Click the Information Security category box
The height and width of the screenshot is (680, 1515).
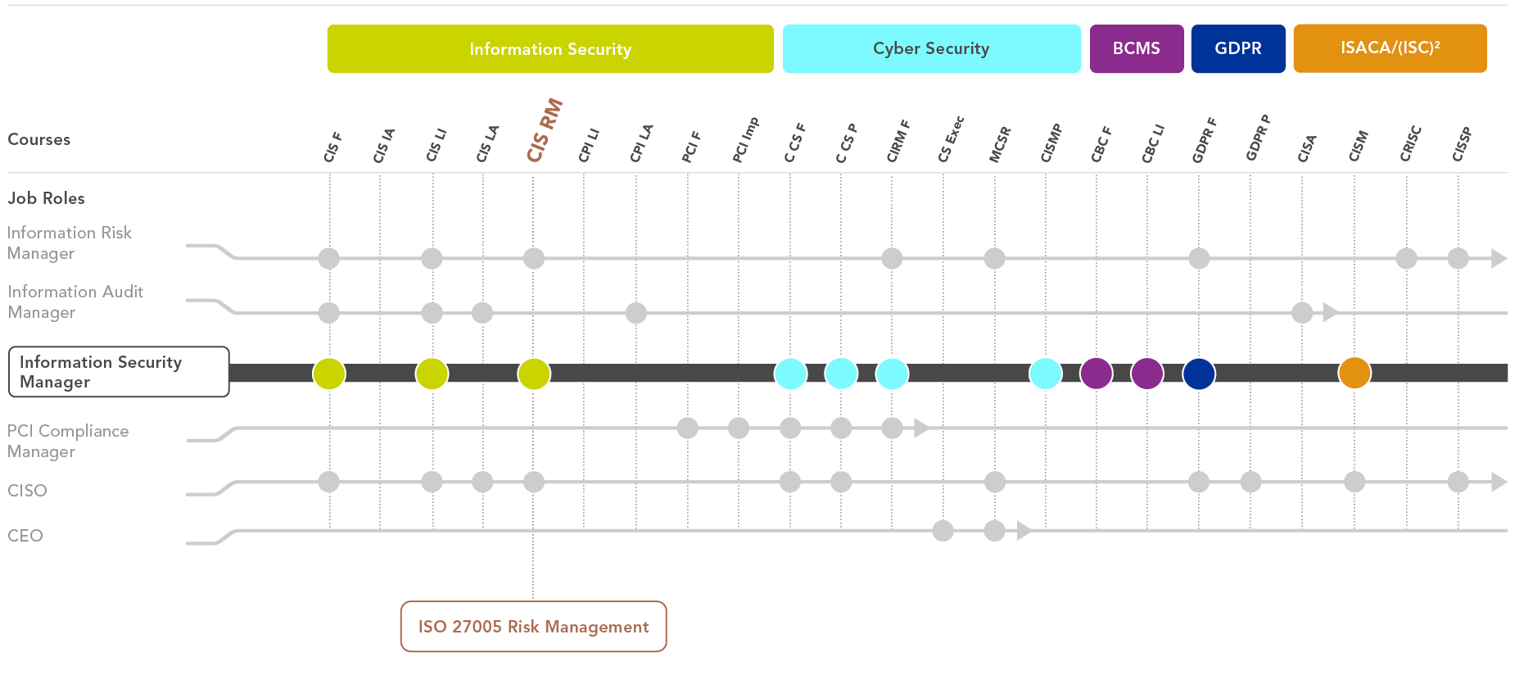coord(550,49)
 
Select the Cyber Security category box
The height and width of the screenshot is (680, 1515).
coord(931,49)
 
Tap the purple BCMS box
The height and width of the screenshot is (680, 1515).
coord(1137,49)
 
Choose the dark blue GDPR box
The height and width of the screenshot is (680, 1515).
coord(1238,49)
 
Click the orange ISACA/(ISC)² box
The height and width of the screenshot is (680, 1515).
coord(1390,49)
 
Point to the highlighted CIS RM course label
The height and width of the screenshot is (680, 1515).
coord(544,130)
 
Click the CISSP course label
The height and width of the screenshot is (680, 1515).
coord(1462,144)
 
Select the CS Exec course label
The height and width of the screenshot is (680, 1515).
coord(951,139)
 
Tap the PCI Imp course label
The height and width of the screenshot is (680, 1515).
coord(745,139)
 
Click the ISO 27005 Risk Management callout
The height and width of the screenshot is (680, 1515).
coord(533,627)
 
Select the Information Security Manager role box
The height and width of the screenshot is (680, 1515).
coord(119,372)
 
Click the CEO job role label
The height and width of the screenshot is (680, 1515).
coord(25,536)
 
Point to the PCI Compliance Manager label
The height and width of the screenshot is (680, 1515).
coord(68,441)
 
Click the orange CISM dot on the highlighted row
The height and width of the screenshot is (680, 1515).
coord(1354,373)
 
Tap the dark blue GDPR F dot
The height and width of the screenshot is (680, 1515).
coord(1199,373)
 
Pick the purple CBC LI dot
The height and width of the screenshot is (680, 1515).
coord(1147,373)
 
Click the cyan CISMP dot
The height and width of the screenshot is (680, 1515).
coord(1046,373)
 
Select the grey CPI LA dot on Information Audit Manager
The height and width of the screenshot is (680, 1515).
coord(636,312)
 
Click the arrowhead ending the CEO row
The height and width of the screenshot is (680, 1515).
coord(1024,531)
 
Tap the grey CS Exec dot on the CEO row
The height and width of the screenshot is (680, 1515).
coord(943,531)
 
